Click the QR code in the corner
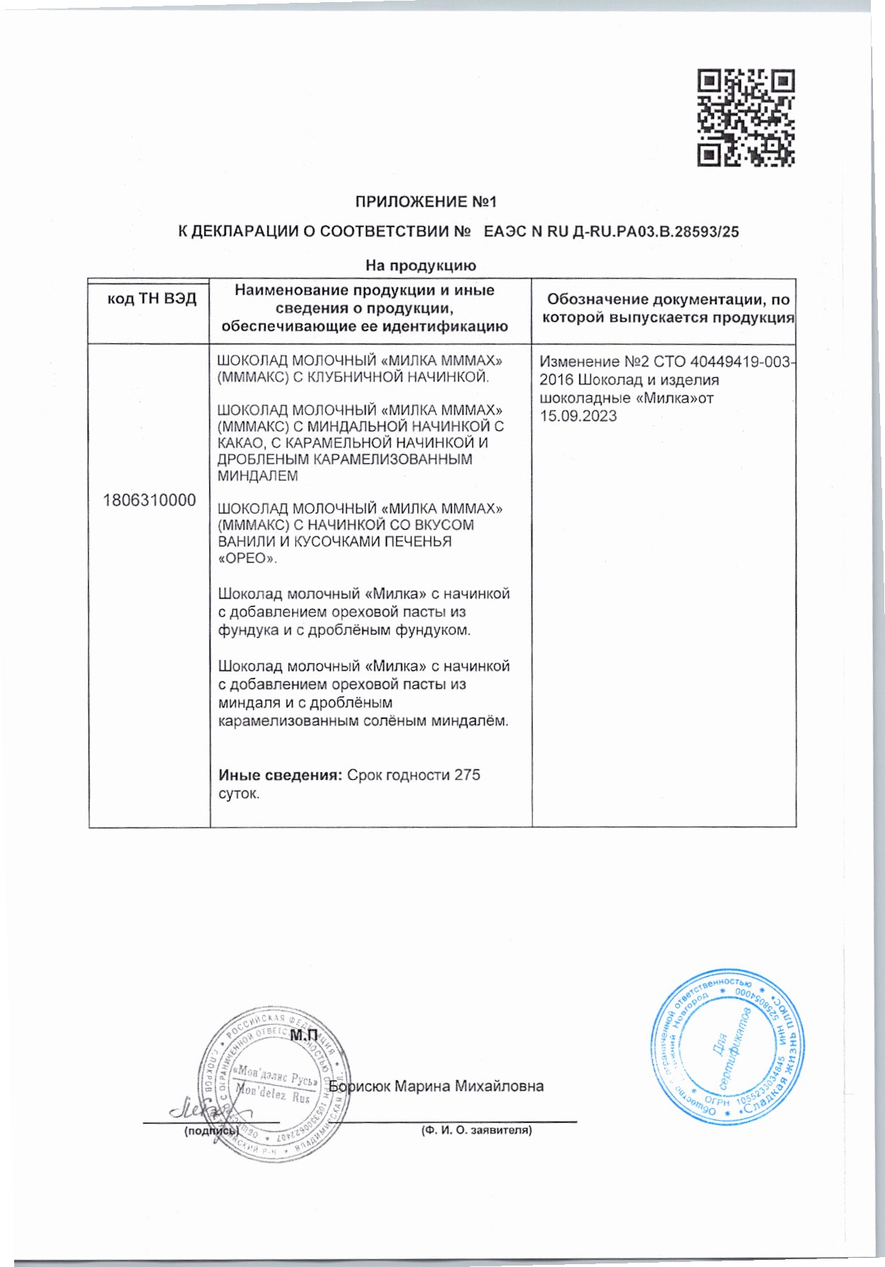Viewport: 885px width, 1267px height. pyautogui.click(x=745, y=118)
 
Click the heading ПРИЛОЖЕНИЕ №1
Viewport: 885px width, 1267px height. pyautogui.click(x=426, y=203)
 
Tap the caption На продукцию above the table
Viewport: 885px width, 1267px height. pyautogui.click(x=420, y=266)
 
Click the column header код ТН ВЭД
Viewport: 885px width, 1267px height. pyautogui.click(x=151, y=299)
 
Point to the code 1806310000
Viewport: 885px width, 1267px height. pyautogui.click(x=150, y=501)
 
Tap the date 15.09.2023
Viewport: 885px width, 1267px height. pyautogui.click(x=578, y=416)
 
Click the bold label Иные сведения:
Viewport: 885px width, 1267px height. pyautogui.click(x=281, y=775)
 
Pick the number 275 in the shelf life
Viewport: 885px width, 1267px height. pyautogui.click(x=468, y=775)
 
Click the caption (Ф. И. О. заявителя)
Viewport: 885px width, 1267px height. pyautogui.click(x=475, y=1130)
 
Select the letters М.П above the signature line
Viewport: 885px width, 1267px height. pyautogui.click(x=304, y=1036)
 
